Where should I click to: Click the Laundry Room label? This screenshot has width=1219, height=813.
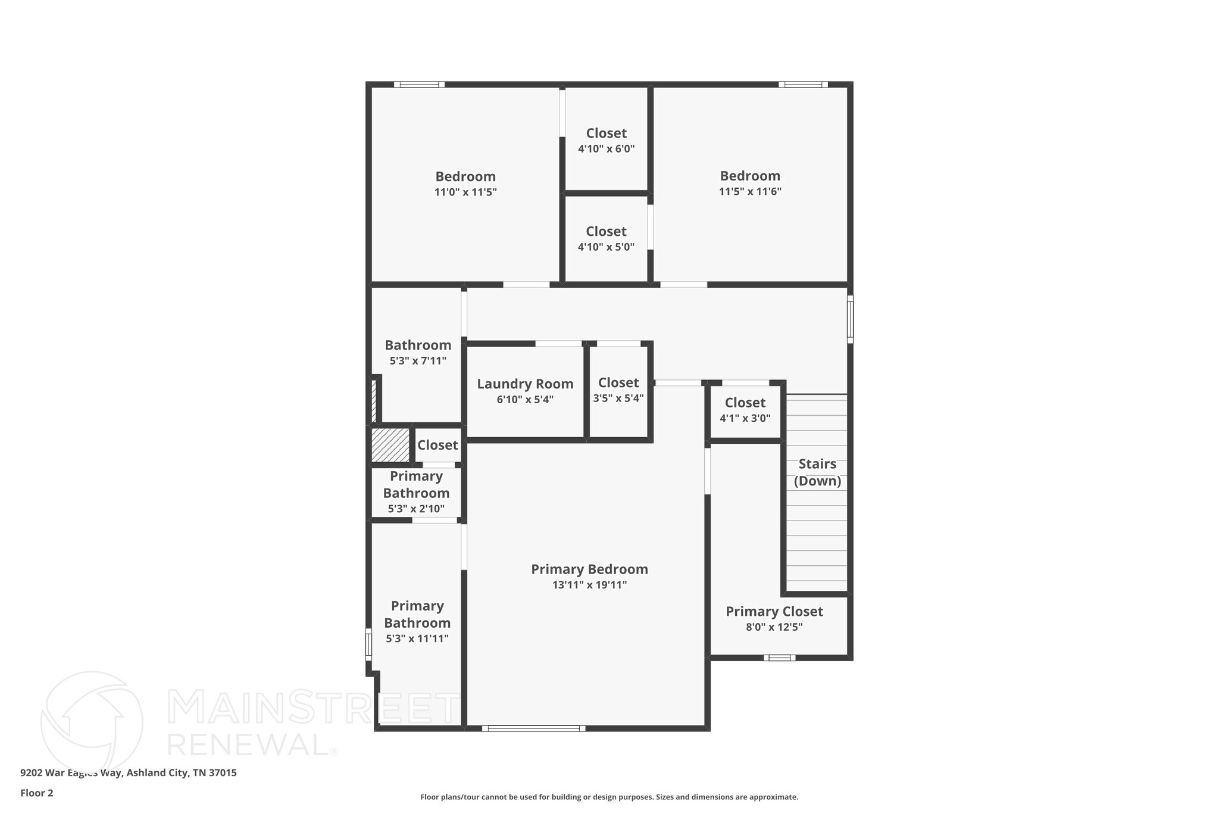coord(525,384)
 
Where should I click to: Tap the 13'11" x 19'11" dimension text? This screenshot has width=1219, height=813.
coord(589,585)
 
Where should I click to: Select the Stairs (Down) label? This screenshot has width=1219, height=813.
coord(817,472)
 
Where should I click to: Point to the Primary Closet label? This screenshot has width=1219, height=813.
coord(774,612)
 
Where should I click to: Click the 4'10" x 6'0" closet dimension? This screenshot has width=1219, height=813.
coord(606,149)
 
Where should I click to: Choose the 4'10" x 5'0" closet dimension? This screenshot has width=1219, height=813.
coord(606,247)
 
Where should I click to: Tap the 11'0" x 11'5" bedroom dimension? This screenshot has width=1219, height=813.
coord(465,192)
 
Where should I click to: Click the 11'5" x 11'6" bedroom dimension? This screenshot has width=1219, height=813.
coord(750,192)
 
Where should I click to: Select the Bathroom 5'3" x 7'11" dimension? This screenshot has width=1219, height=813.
coord(418,361)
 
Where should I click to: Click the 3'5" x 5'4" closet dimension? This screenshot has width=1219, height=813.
coord(618,398)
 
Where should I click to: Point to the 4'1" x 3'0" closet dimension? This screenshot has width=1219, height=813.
coord(745,418)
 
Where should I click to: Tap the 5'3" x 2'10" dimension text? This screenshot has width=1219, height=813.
coord(416,509)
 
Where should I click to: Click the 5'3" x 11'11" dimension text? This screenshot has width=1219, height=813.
coord(417,638)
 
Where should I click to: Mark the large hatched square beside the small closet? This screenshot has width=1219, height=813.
coord(390,444)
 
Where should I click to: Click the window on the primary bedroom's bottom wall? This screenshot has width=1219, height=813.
coord(533,728)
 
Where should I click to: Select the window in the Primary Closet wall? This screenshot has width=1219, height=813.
coord(779,658)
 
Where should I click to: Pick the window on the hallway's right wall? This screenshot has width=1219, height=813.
coord(850,319)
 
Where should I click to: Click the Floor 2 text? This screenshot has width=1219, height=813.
coord(37,793)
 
